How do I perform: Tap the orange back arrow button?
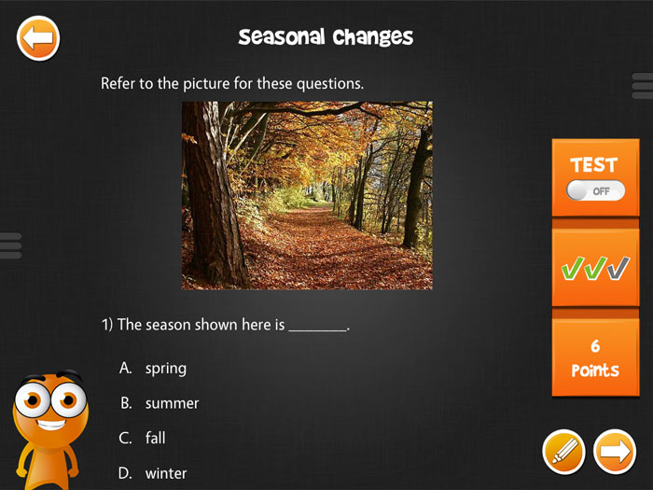coord(38,38)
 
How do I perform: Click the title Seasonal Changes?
coord(326,37)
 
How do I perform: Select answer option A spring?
coord(153,369)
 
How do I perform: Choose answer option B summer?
coord(160,403)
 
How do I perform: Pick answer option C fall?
coord(143,438)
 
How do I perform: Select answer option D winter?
coord(153,473)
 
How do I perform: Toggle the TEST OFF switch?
coord(595,191)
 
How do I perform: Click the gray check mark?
coord(618,268)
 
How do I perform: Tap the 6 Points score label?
coord(595,358)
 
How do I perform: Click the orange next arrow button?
coord(615,452)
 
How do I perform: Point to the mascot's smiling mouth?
coord(51,425)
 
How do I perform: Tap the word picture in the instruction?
coord(206,84)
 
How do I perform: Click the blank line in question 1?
coord(318,330)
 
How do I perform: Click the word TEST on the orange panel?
coord(594,165)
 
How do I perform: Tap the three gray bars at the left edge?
coord(10,245)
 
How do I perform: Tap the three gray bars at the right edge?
coord(642,86)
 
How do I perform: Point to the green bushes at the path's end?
coord(294,197)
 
